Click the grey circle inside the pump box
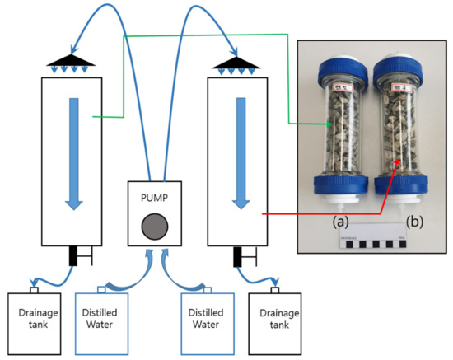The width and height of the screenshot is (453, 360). (153, 225)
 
